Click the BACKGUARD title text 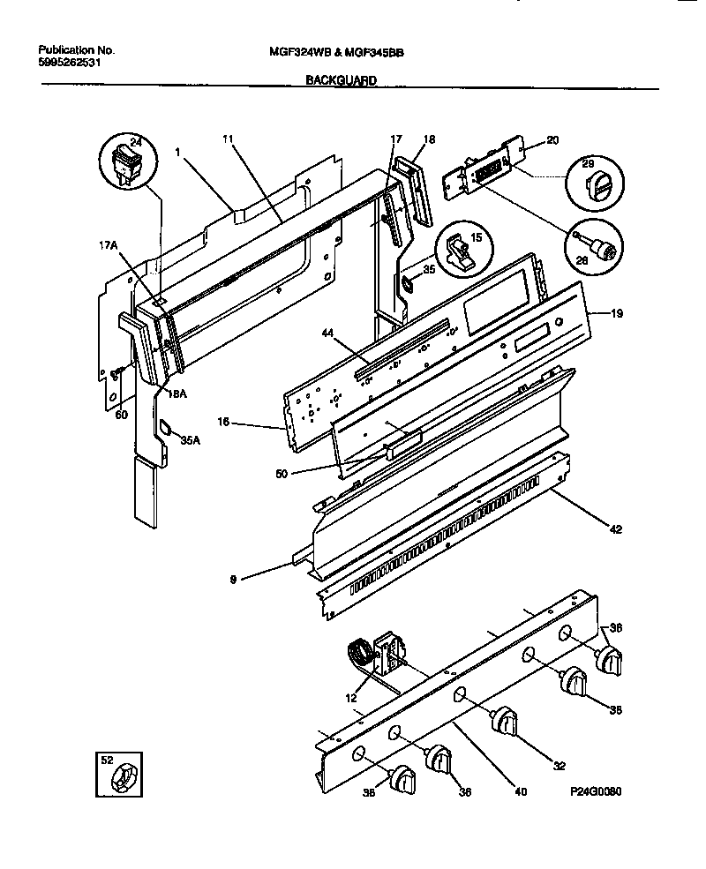[342, 80]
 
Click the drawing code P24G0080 [596, 793]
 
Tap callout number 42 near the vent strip [614, 529]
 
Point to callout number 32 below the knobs [558, 766]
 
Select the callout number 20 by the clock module [553, 140]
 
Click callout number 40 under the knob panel [521, 791]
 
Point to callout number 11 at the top [228, 139]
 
